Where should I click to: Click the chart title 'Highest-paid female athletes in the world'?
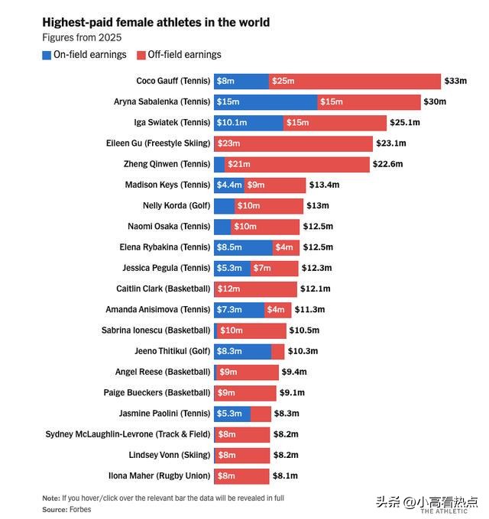(156, 22)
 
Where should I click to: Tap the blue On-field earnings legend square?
(47, 55)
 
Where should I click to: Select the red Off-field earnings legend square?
(141, 55)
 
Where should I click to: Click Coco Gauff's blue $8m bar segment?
(241, 82)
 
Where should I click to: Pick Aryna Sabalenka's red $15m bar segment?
(369, 102)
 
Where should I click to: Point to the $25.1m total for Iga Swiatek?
(404, 122)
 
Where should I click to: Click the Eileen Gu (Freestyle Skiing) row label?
(158, 143)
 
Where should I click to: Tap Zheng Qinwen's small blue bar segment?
(219, 165)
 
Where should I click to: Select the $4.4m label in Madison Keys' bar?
(229, 185)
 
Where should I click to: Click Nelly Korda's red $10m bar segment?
(269, 206)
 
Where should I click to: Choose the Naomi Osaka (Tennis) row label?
(169, 227)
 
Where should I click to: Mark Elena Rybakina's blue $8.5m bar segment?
(243, 247)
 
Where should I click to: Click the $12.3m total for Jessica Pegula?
(316, 268)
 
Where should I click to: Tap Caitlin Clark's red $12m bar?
(255, 289)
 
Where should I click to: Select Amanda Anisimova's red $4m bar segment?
(277, 310)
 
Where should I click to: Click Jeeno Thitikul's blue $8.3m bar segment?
(242, 352)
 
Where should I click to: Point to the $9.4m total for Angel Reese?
(294, 372)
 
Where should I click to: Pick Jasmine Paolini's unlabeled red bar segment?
(261, 414)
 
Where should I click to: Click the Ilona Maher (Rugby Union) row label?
(160, 476)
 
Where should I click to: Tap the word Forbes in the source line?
(80, 509)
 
